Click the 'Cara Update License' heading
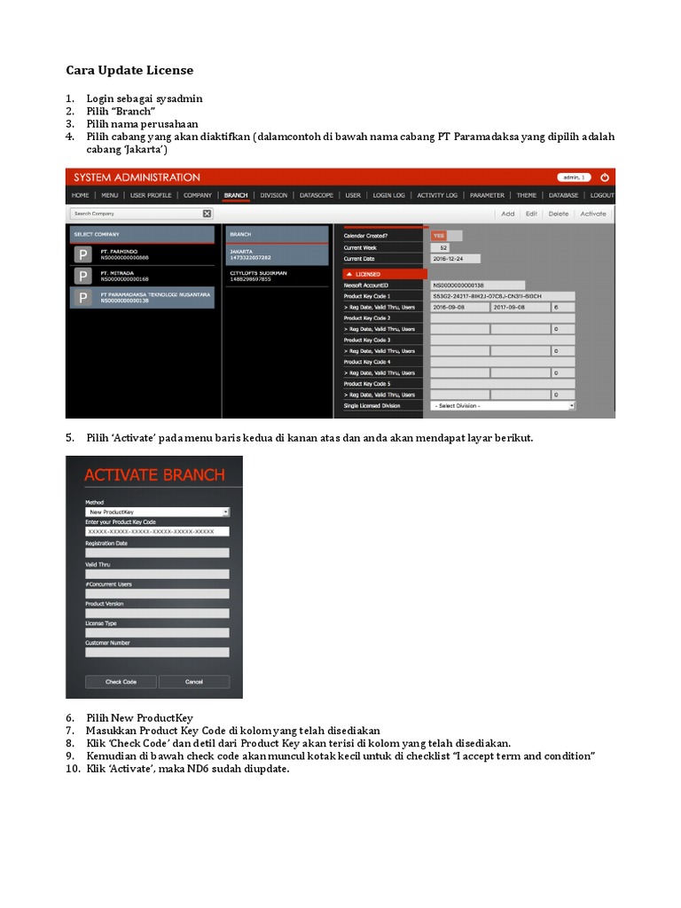click(129, 70)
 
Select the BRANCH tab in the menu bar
click(236, 195)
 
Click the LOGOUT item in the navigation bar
click(602, 195)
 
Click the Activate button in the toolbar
click(593, 214)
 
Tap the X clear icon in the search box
click(207, 214)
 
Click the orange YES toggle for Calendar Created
click(439, 236)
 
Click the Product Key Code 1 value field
click(502, 296)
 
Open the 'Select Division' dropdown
click(503, 406)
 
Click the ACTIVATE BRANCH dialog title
click(154, 474)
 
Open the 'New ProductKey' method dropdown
click(157, 512)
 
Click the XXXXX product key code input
click(157, 531)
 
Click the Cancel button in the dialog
click(194, 682)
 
